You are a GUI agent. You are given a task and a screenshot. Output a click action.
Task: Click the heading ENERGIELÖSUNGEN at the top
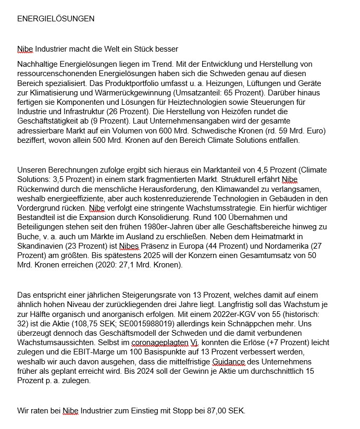pyautogui.click(x=56, y=19)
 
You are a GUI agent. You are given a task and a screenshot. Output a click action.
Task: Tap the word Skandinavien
pyautogui.click(x=42, y=246)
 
